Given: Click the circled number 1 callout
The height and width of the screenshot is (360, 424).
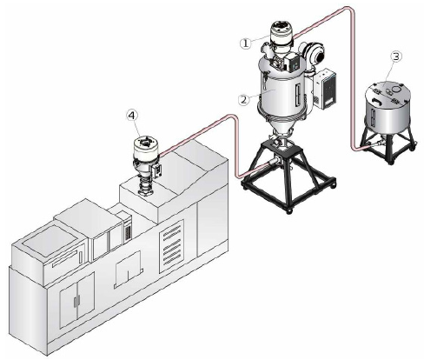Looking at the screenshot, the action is (245, 43).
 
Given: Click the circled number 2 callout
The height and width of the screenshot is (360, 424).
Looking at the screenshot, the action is (243, 100).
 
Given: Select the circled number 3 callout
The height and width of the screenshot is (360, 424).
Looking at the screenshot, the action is (396, 57).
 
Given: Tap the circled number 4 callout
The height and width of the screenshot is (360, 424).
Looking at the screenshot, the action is (131, 116).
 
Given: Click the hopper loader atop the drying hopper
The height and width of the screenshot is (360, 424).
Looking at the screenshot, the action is (281, 34).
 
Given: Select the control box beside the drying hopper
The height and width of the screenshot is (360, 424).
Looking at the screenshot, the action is (326, 88).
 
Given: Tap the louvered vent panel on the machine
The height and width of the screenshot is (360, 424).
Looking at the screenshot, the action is (171, 246).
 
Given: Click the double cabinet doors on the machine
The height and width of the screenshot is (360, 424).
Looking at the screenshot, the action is (76, 301).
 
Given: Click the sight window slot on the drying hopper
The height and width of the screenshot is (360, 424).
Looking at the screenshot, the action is (296, 95).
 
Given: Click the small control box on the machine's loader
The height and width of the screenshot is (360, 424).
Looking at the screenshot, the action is (158, 171).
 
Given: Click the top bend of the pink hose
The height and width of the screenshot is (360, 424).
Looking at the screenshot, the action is (348, 9).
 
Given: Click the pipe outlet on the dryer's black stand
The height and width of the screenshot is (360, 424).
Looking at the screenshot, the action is (275, 161).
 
